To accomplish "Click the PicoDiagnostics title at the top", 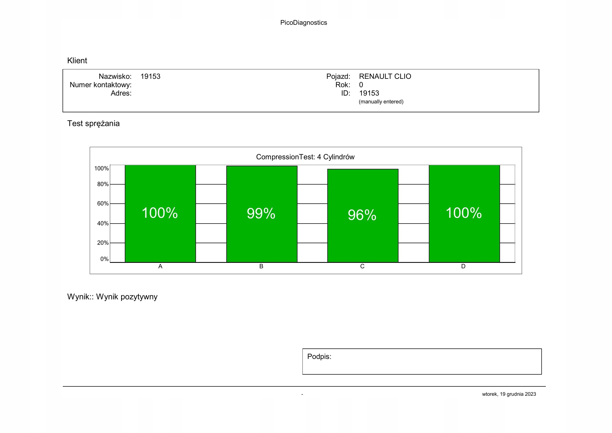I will click(303, 23).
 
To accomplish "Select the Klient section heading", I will click(77, 60).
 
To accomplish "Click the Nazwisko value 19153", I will click(150, 76).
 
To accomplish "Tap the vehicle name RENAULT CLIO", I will click(385, 76).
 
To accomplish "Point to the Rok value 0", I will click(361, 85).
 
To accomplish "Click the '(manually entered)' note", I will click(381, 102).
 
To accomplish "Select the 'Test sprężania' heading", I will click(93, 124).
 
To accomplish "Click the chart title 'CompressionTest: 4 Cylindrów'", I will click(305, 157).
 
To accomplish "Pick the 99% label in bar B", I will click(261, 213).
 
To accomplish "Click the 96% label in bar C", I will click(362, 215).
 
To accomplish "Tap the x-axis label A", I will click(160, 266).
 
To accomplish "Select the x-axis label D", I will click(463, 266).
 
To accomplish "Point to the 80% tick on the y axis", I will click(103, 184).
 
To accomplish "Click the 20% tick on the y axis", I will click(103, 243).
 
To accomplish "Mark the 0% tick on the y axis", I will click(104, 259).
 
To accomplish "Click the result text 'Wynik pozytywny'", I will click(127, 297).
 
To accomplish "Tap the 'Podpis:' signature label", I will click(319, 357).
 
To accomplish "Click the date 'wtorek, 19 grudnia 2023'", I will click(509, 394).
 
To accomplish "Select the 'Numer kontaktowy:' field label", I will click(100, 85).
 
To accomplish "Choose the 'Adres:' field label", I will click(121, 93).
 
